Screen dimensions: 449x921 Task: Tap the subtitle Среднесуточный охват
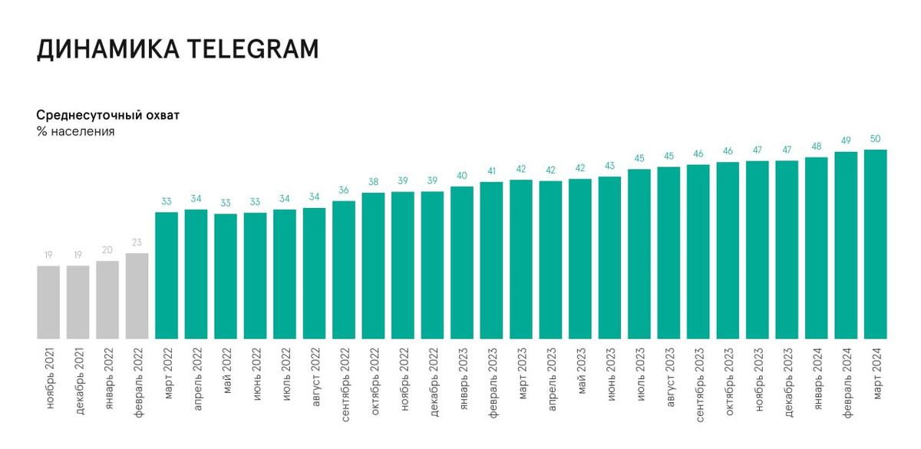pyautogui.click(x=108, y=115)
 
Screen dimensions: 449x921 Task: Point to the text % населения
pyautogui.click(x=75, y=131)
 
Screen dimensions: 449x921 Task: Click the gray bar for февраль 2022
pyautogui.click(x=137, y=295)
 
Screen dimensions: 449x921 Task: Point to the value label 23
pyautogui.click(x=137, y=242)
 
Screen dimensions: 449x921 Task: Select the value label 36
pyautogui.click(x=344, y=190)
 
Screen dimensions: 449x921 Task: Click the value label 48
pyautogui.click(x=817, y=146)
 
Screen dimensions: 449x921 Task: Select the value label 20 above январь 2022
pyautogui.click(x=107, y=249)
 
